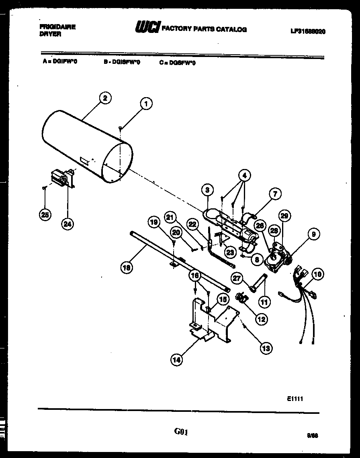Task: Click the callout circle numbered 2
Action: click(x=105, y=98)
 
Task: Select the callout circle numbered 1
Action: click(x=146, y=104)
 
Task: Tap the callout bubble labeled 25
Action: click(x=45, y=215)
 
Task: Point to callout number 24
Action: click(x=67, y=224)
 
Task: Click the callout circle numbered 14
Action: click(x=176, y=360)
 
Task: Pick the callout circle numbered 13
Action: click(x=266, y=348)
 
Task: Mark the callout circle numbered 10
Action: click(x=317, y=275)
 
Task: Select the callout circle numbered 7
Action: click(x=274, y=194)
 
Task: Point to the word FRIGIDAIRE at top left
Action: click(x=58, y=27)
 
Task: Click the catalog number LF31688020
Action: click(x=307, y=31)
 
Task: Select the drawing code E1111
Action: click(x=295, y=398)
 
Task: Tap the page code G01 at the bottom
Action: click(x=181, y=432)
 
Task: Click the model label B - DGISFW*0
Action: click(x=122, y=63)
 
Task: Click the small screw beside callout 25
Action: click(x=44, y=187)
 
